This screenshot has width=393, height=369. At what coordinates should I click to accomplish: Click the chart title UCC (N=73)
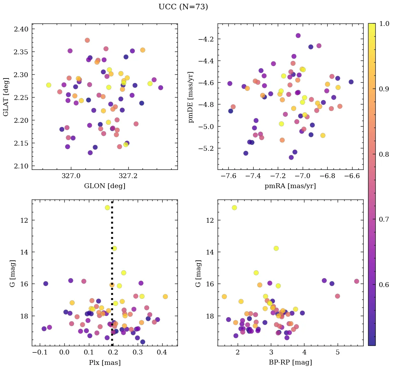(183, 7)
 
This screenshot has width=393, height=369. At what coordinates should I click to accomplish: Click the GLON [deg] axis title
(104, 186)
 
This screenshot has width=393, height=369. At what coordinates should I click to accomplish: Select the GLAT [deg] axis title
(6, 96)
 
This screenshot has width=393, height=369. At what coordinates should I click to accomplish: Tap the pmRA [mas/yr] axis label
(290, 186)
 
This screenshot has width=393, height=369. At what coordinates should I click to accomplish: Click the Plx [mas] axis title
(104, 362)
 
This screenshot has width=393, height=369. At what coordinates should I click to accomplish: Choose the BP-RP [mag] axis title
(290, 362)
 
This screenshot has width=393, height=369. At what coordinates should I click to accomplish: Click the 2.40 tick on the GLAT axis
(20, 29)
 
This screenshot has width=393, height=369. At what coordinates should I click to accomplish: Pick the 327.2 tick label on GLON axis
(128, 176)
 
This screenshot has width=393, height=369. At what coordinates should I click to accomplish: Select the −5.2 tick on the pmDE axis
(206, 148)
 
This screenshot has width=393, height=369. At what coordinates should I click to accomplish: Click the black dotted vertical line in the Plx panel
(112, 277)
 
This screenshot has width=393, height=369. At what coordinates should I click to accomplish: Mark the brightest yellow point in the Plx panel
(107, 207)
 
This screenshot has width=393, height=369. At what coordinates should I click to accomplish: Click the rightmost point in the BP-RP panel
(356, 281)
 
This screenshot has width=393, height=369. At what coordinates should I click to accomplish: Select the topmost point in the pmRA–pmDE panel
(298, 36)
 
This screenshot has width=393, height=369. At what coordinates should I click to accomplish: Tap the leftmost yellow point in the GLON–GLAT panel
(49, 85)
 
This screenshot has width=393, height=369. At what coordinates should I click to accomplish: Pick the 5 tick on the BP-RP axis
(337, 352)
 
